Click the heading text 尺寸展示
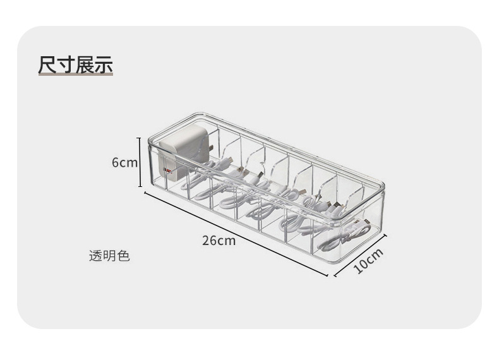[75, 65]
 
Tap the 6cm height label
[124, 162]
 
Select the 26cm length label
[219, 241]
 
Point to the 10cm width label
[368, 260]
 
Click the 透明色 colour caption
[109, 256]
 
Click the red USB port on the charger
[167, 170]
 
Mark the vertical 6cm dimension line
[140, 162]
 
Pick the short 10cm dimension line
[359, 255]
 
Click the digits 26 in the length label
[210, 241]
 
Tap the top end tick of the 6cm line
[140, 138]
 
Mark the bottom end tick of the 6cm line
[140, 187]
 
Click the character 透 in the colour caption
[95, 256]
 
